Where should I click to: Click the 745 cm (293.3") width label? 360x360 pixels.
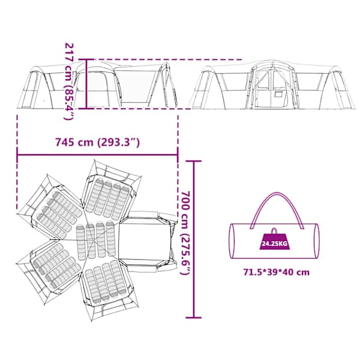pos(97,142)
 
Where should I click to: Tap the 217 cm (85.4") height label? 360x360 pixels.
pos(69,81)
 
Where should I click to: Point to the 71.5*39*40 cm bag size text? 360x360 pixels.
pos(277,272)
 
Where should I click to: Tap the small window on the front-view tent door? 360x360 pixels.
pos(279,95)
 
